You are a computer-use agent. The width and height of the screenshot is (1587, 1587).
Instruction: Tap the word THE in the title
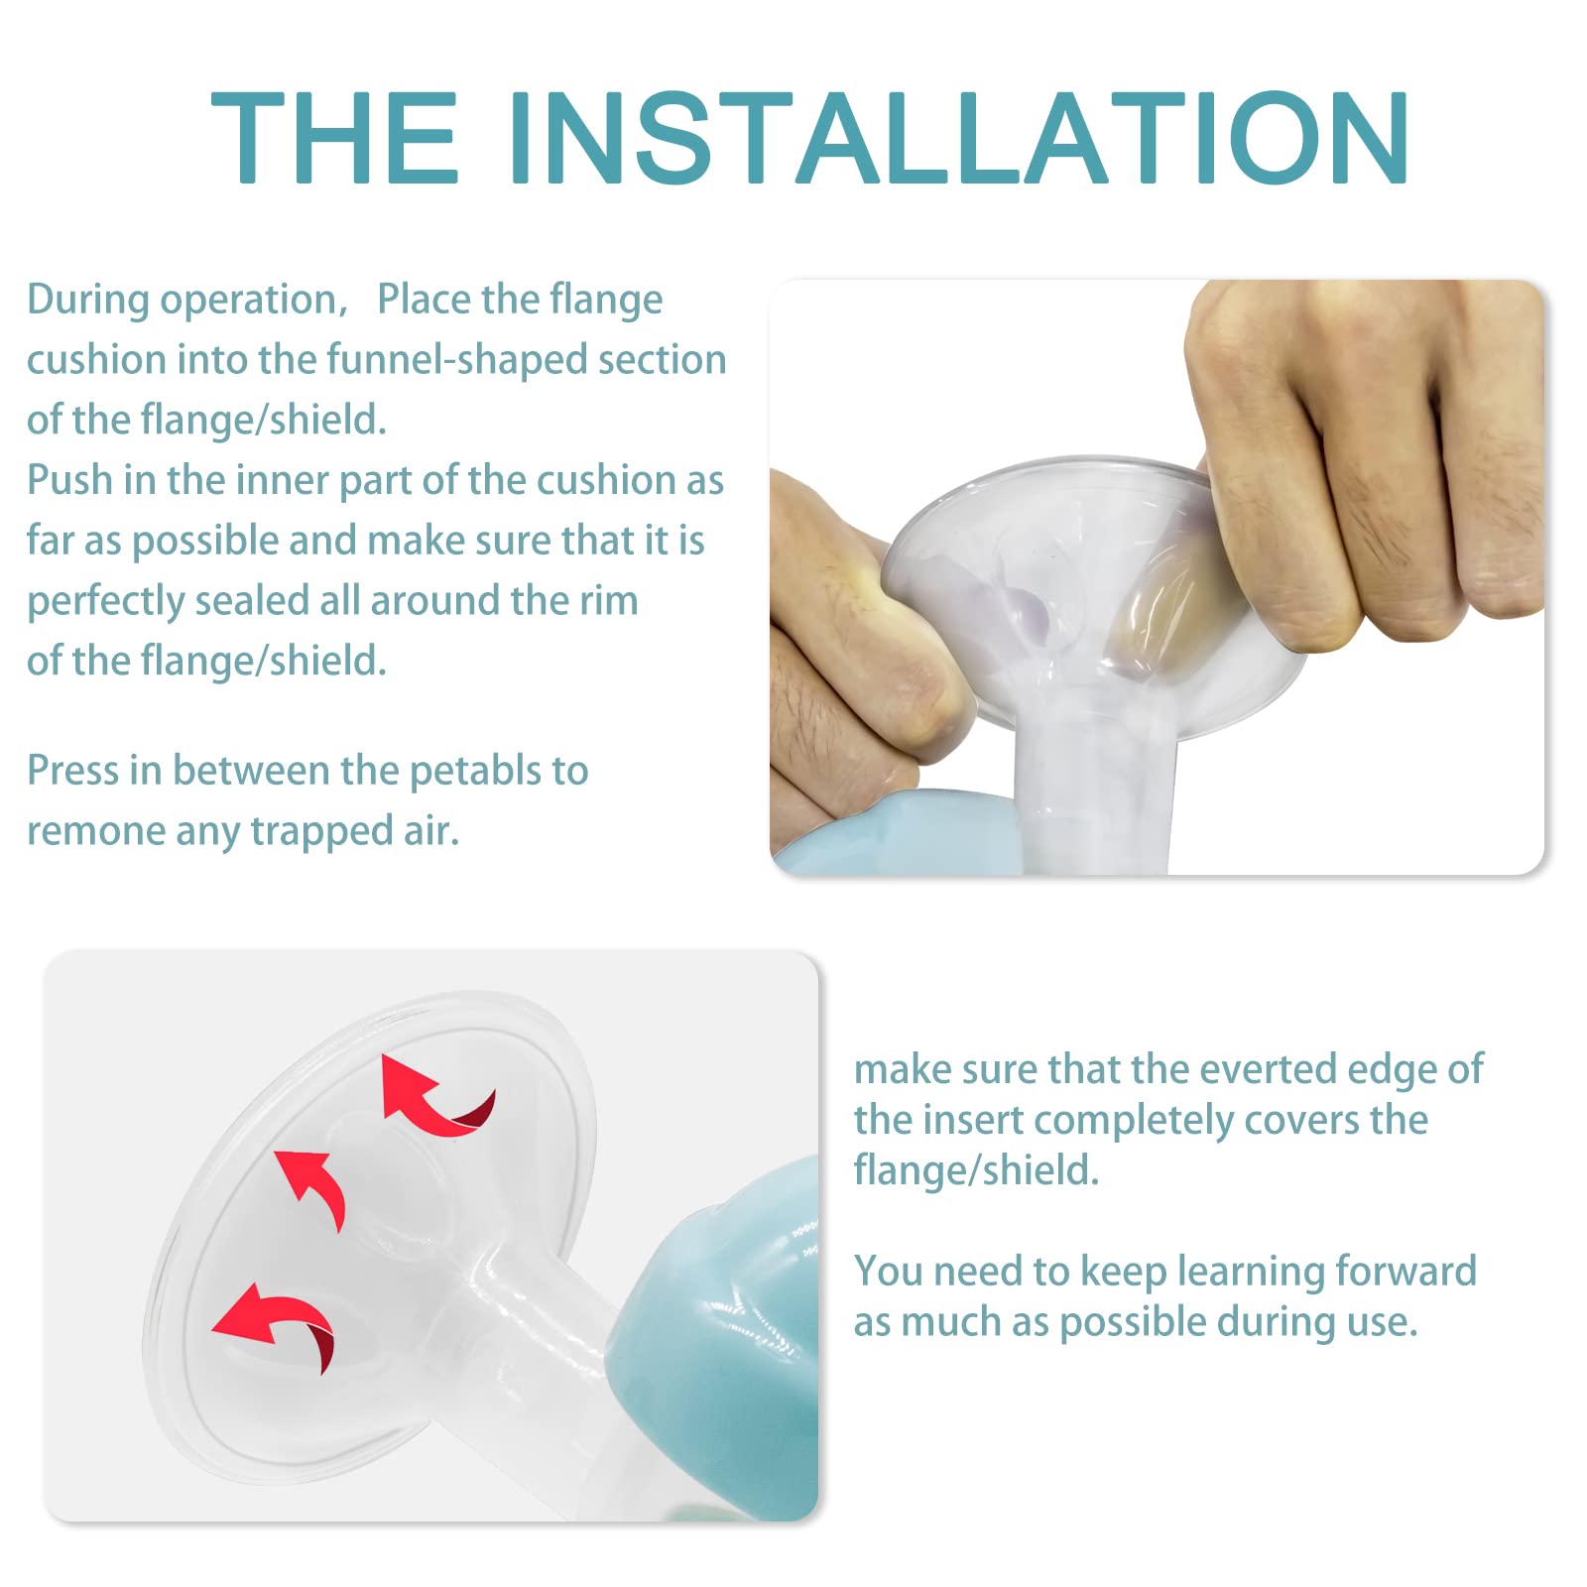335,138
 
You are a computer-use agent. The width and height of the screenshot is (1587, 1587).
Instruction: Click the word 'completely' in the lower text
1133,1122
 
